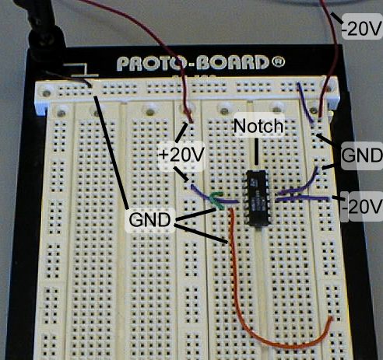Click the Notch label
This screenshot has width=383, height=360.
tap(258, 126)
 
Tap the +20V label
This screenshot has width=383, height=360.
tap(181, 155)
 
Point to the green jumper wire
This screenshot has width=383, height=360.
tap(217, 200)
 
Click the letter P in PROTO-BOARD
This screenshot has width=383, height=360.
tap(123, 64)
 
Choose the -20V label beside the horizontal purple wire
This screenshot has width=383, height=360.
tap(364, 207)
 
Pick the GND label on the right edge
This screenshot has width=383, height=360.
tap(361, 156)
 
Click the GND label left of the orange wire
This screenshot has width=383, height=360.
tap(149, 220)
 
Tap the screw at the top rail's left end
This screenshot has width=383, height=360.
tap(47, 93)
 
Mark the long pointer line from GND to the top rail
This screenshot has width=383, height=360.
tap(111, 152)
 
